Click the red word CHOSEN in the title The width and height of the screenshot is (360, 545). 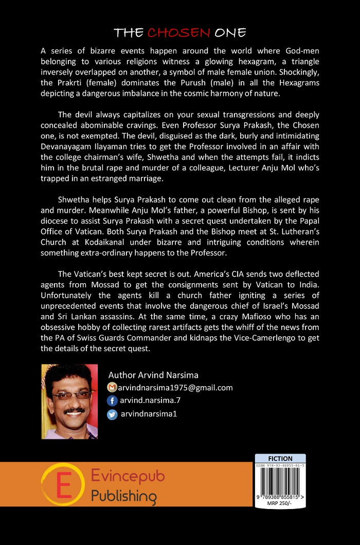click(178, 33)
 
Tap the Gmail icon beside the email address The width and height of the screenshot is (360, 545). click(112, 387)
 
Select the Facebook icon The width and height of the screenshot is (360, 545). click(112, 401)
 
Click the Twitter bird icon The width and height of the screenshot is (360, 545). click(112, 414)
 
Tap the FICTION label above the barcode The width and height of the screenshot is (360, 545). click(280, 459)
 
